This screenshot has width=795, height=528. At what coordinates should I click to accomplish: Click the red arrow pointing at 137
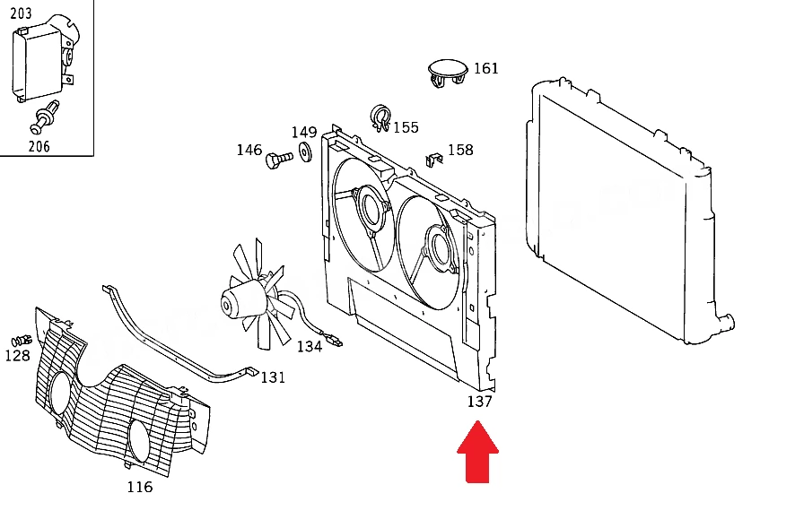[x=478, y=452]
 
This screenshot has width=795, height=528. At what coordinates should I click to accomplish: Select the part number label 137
[x=480, y=402]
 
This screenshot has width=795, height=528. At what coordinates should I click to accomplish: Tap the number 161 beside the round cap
[x=486, y=68]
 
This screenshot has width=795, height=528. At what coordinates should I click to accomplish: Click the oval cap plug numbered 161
[x=447, y=73]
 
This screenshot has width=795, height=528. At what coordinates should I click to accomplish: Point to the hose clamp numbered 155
[x=380, y=118]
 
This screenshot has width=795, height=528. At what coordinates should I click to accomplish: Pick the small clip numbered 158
[x=433, y=160]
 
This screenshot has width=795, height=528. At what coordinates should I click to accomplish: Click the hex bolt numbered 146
[x=279, y=160]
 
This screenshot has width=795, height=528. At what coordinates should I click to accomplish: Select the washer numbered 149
[x=306, y=152]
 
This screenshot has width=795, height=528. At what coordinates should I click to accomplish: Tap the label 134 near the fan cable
[x=310, y=347]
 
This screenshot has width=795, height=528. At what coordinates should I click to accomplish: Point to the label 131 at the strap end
[x=273, y=377]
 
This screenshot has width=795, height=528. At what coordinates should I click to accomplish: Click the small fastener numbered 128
[x=22, y=340]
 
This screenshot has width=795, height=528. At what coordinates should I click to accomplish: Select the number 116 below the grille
[x=140, y=487]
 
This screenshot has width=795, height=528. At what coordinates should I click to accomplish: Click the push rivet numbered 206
[x=45, y=117]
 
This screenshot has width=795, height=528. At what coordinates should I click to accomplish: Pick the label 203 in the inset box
[x=21, y=13]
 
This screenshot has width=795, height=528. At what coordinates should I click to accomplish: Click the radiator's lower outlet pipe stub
[x=726, y=323]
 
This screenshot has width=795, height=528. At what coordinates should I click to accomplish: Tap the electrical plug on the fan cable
[x=336, y=341]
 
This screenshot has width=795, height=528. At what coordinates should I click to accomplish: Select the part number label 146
[x=249, y=150]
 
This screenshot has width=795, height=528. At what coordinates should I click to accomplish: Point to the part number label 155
[x=406, y=127]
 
